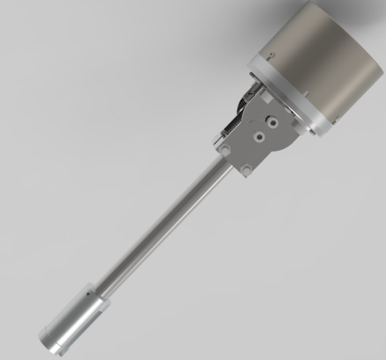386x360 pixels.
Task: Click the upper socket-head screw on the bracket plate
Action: [x=272, y=123]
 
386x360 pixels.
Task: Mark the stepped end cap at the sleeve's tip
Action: [x=49, y=339]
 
